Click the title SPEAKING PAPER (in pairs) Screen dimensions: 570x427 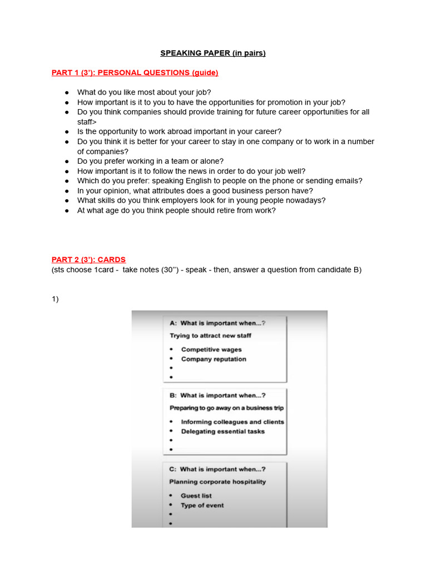(213, 53)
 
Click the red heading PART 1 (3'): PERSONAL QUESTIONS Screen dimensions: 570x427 (135, 73)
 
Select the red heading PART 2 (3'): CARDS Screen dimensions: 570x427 (88, 259)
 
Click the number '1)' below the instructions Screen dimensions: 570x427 (55, 299)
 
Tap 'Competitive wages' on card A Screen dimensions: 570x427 (211, 350)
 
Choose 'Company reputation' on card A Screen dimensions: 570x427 (213, 359)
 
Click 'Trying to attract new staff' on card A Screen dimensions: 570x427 (210, 336)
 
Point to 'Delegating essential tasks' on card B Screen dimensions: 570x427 (222, 431)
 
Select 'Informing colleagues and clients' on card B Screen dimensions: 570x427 (232, 422)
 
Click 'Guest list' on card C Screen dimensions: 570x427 (196, 495)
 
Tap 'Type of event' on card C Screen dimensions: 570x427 (202, 505)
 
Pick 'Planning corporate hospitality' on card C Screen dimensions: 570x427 (217, 482)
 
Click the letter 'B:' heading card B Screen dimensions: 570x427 (173, 396)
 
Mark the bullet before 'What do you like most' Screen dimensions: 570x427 (67, 92)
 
